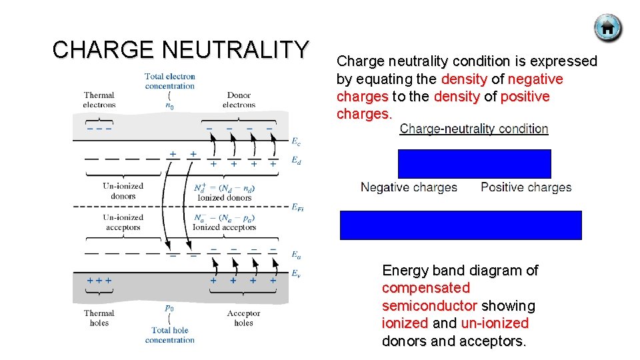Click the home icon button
[x=607, y=28]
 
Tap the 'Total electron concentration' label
[x=169, y=81]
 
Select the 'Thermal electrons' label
[x=99, y=100]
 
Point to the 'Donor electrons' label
[x=239, y=100]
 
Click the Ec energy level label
[x=295, y=141]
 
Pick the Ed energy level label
[x=295, y=161]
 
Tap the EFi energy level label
[x=297, y=208]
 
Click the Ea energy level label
[x=295, y=254]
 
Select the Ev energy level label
[x=295, y=273]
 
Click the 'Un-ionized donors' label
[x=123, y=191]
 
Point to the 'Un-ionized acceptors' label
[x=123, y=223]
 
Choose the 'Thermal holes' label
[x=99, y=318]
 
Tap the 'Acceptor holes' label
[x=243, y=318]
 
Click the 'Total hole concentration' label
[x=169, y=335]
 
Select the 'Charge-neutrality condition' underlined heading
[x=474, y=129]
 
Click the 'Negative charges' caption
[x=409, y=187]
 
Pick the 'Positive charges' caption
[x=526, y=187]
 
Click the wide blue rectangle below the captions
[x=461, y=225]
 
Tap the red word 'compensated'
[x=425, y=288]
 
